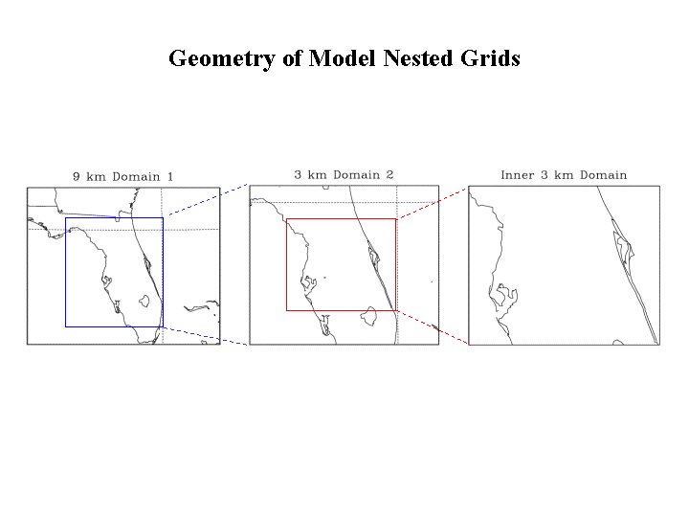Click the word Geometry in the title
point(222,59)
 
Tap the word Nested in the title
point(418,58)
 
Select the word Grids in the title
point(490,58)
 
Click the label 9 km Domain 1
point(123,177)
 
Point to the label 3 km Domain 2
point(344,175)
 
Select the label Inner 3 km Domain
point(564,175)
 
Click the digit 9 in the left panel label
point(77,177)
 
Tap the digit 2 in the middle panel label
point(389,175)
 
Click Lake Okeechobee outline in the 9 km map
point(144,301)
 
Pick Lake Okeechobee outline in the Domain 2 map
point(368,316)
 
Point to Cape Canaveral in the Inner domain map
point(624,247)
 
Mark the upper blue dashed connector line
point(209,199)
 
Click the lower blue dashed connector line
point(205,336)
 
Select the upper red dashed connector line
point(433,203)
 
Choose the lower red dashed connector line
point(433,327)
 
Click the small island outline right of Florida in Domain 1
point(202,306)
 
